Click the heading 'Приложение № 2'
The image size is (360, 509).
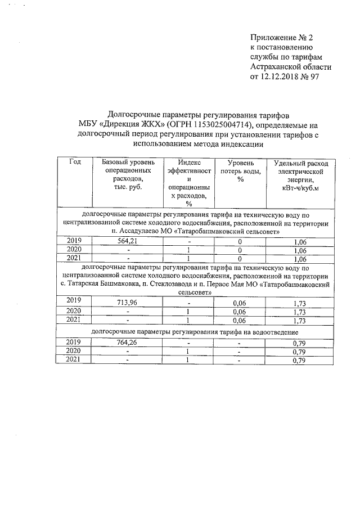pyautogui.click(x=281, y=38)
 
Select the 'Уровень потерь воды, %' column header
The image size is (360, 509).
pyautogui.click(x=240, y=170)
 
